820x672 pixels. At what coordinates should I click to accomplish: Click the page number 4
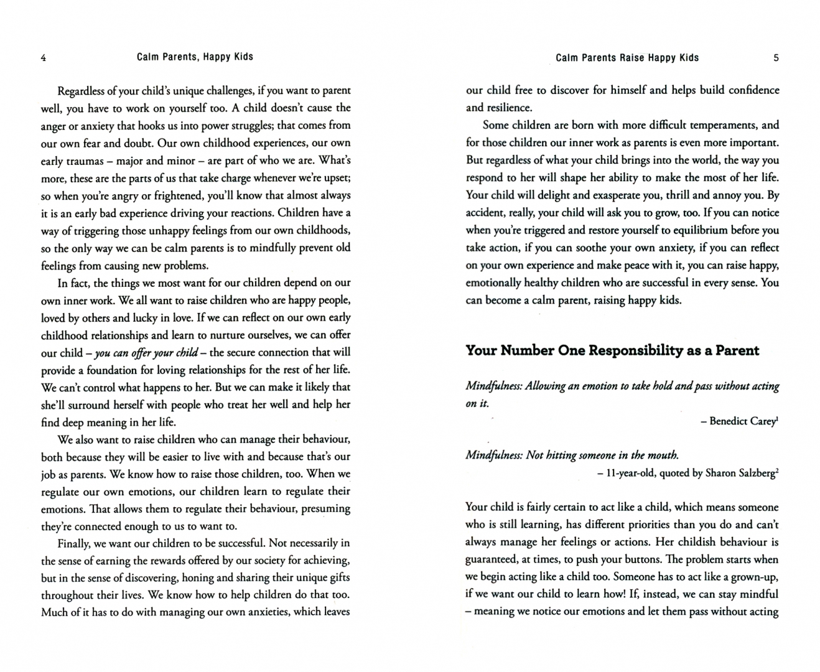coord(43,58)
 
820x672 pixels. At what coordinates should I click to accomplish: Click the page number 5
coord(776,58)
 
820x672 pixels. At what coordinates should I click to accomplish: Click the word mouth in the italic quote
coord(663,455)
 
